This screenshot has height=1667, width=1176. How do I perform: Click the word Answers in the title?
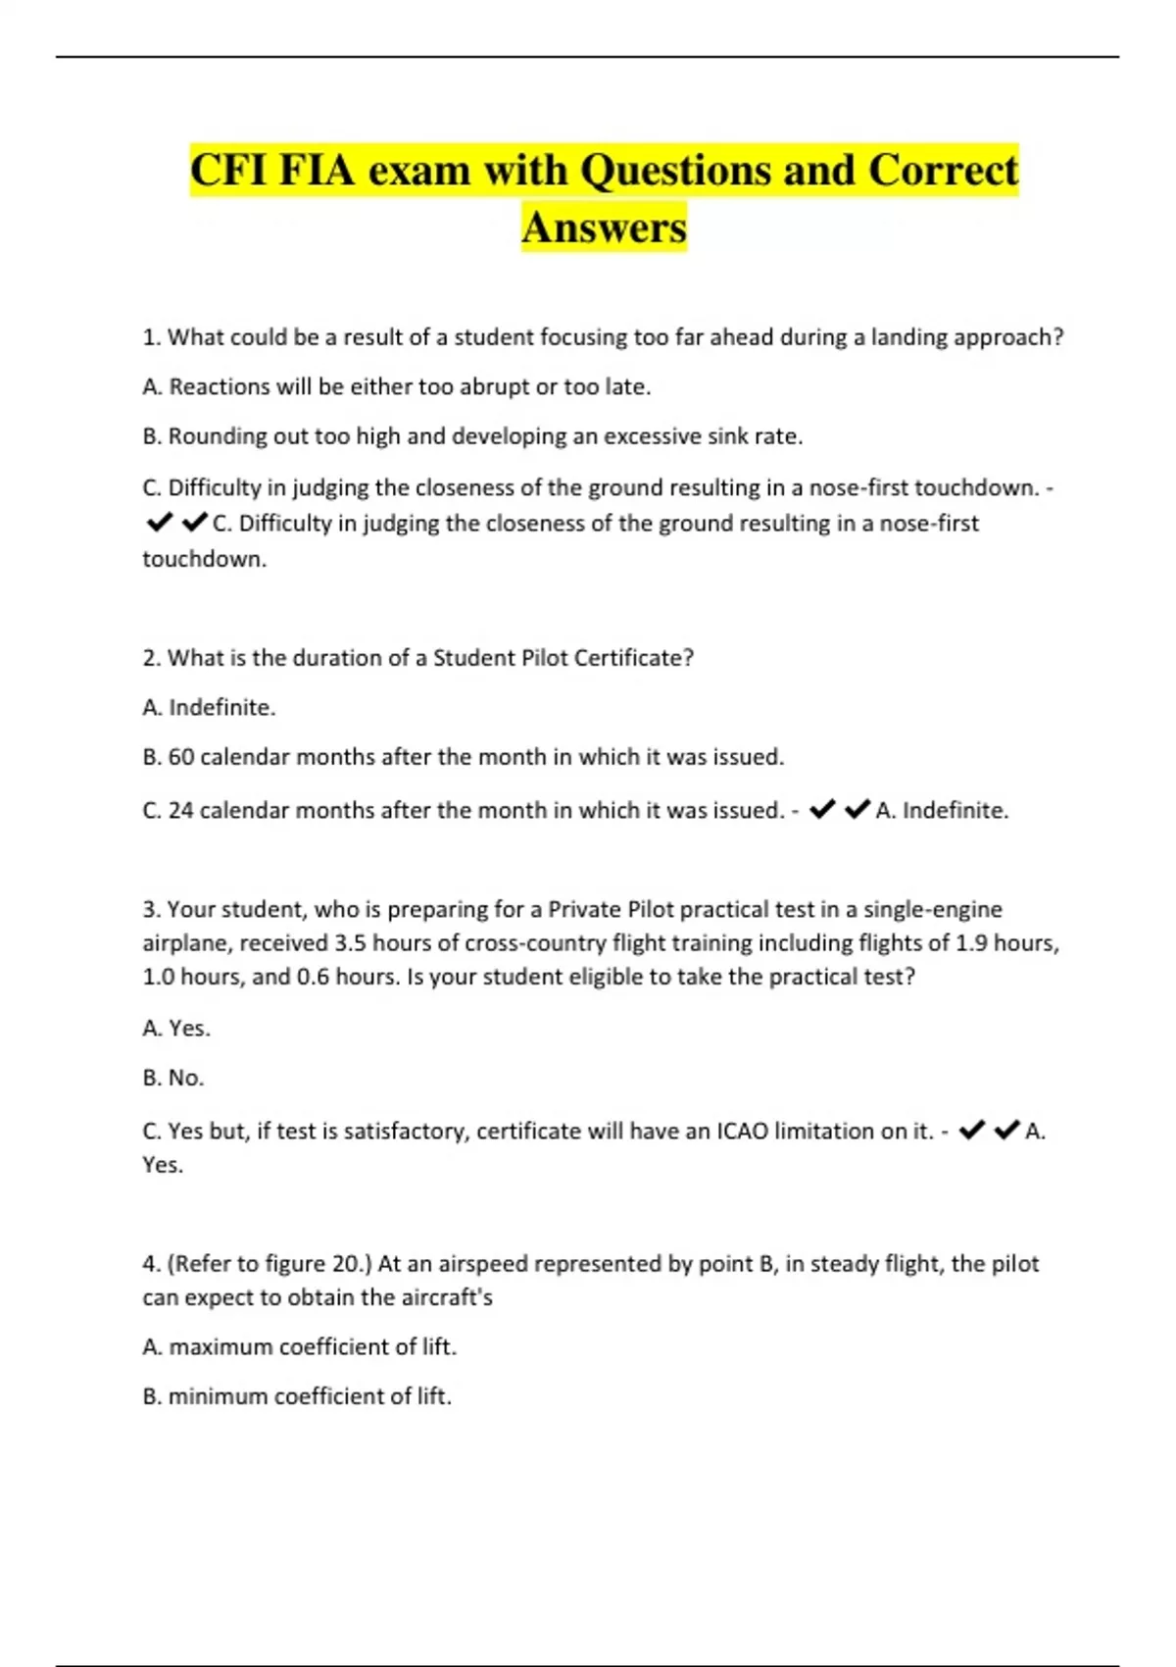click(x=604, y=227)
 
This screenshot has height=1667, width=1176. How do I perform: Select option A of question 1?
click(x=396, y=386)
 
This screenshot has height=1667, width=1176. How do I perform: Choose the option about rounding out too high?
click(x=472, y=435)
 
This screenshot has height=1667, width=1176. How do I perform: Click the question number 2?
click(x=150, y=658)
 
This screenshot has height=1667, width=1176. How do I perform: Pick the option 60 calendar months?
click(x=463, y=757)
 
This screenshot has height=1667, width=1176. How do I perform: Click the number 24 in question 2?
click(x=180, y=810)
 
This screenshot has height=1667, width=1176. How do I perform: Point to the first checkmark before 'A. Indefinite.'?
click(x=822, y=809)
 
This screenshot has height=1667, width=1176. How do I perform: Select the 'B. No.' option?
click(x=173, y=1078)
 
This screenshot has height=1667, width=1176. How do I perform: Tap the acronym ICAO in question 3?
click(x=742, y=1131)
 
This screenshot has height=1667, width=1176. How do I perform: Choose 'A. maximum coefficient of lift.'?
click(x=299, y=1347)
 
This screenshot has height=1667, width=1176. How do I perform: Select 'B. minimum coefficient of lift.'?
click(x=297, y=1396)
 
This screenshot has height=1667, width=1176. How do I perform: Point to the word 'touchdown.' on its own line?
click(x=204, y=559)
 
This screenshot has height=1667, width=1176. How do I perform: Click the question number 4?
click(x=150, y=1263)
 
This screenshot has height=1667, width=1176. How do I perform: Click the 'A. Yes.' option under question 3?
click(x=176, y=1028)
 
